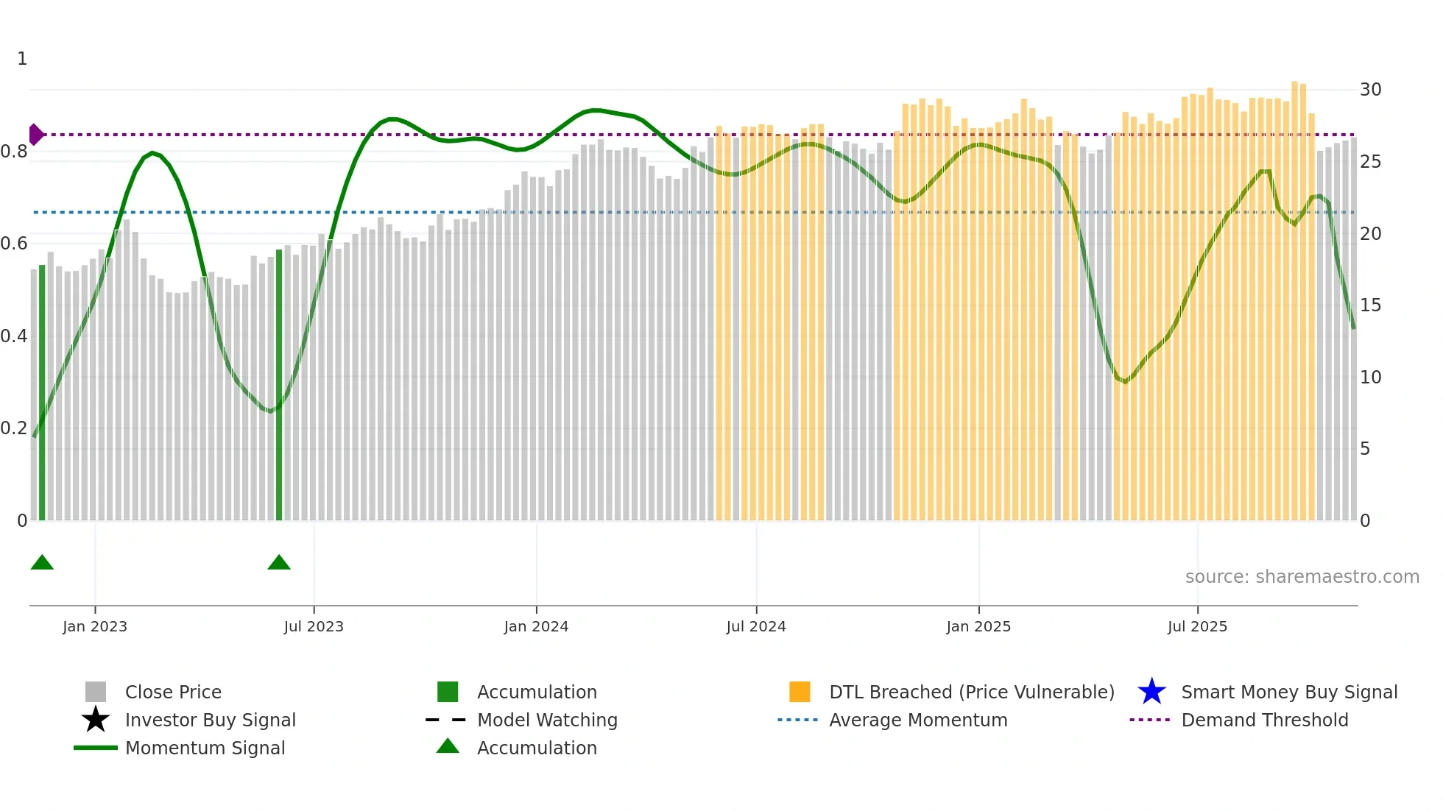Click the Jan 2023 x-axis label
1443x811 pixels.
(94, 626)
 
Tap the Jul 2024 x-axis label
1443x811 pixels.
(755, 626)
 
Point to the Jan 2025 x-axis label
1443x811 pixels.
(978, 626)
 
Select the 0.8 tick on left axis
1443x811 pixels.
(14, 152)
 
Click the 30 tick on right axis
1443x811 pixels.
(1370, 90)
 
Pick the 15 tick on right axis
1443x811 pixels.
(1370, 305)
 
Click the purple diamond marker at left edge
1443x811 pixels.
(35, 135)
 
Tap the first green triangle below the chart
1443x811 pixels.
(42, 563)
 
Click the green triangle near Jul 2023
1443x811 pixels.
(279, 563)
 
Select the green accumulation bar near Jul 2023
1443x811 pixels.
(279, 383)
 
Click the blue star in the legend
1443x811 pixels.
(1151, 692)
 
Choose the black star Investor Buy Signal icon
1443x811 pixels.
(96, 720)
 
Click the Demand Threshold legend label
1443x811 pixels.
(1264, 720)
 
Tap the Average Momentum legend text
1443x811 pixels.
(917, 720)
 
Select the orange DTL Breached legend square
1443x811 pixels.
(800, 692)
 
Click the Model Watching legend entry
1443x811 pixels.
(547, 720)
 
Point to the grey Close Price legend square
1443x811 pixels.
(96, 692)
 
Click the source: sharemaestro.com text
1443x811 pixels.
(1302, 577)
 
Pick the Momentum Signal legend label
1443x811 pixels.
(205, 748)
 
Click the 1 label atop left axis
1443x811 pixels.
(22, 59)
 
